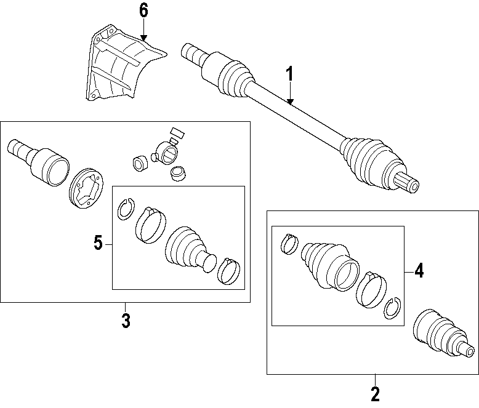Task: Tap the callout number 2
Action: [375, 393]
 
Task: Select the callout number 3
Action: [126, 321]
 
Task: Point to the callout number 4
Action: [419, 271]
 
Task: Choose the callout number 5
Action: [98, 244]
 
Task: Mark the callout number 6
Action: [143, 10]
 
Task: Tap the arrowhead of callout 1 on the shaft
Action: [290, 101]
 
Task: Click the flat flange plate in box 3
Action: [88, 187]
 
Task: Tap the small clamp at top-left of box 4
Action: [289, 244]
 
